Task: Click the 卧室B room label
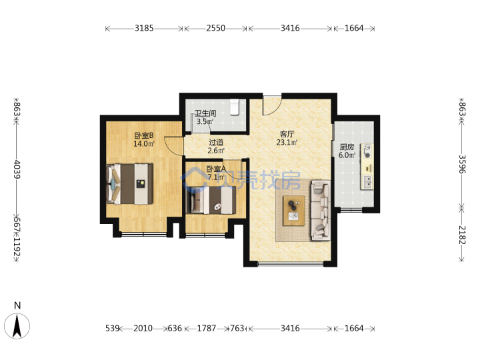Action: (x=144, y=135)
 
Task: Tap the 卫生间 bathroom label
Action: (x=205, y=113)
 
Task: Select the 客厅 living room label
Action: (x=287, y=134)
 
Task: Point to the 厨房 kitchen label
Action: (x=347, y=147)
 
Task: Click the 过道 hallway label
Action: (x=216, y=143)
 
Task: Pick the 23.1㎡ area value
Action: (x=287, y=143)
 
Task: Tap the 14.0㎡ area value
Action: (x=144, y=143)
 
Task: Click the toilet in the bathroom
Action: (x=235, y=107)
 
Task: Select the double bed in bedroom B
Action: (x=130, y=184)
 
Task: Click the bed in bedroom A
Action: (x=211, y=200)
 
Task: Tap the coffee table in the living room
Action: (x=294, y=211)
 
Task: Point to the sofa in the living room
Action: (x=321, y=210)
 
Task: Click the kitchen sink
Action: (x=367, y=182)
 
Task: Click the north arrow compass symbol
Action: (x=17, y=326)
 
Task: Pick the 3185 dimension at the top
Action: (x=144, y=28)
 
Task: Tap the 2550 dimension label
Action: (x=216, y=28)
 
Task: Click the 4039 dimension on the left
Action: (x=17, y=169)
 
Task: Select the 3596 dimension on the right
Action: (x=462, y=164)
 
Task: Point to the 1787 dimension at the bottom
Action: (x=207, y=329)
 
